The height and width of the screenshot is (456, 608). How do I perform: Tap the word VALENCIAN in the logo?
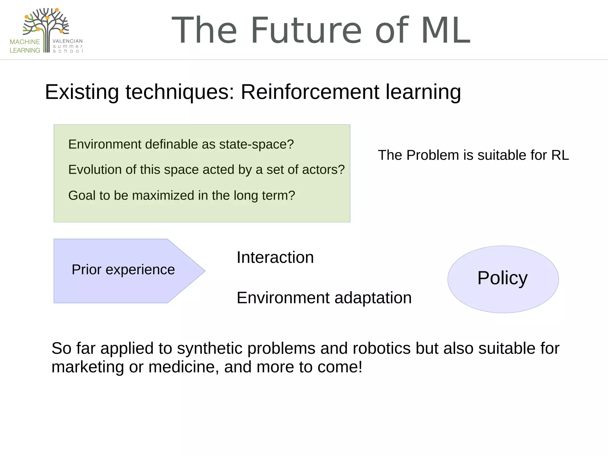point(68,41)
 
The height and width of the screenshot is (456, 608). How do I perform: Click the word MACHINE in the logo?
point(25,42)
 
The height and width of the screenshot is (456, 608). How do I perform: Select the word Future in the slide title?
point(306,30)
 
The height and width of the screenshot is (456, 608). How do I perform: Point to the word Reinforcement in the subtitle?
point(310,92)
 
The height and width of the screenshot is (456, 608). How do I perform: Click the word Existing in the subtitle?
point(82,92)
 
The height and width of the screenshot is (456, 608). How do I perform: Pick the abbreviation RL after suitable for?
point(560,155)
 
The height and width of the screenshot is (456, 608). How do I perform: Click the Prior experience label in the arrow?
point(123,270)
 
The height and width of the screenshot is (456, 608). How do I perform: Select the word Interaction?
point(275,257)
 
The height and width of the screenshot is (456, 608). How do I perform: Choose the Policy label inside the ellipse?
point(502,278)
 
